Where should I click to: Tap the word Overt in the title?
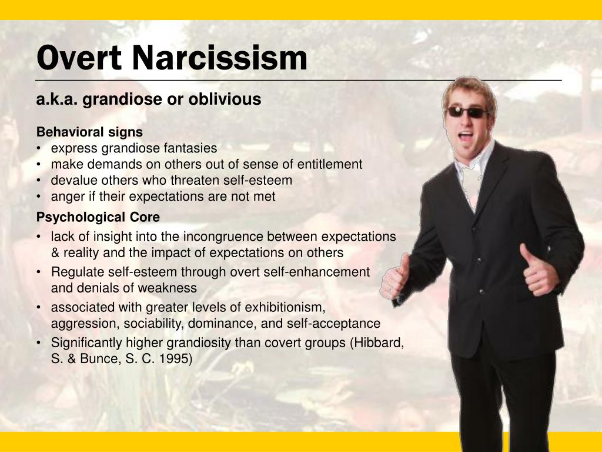79,58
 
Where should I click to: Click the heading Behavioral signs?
89,132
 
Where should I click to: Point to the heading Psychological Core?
98,217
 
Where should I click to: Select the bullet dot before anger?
39,197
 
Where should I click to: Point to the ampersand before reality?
55,253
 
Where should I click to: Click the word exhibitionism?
285,307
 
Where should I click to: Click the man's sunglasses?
467,112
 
